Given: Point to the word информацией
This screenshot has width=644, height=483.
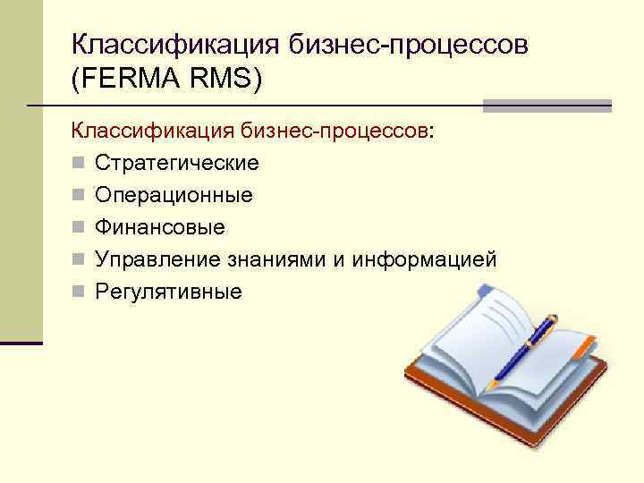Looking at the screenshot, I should point(424,259).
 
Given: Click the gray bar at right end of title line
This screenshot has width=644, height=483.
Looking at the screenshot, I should point(547,106).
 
